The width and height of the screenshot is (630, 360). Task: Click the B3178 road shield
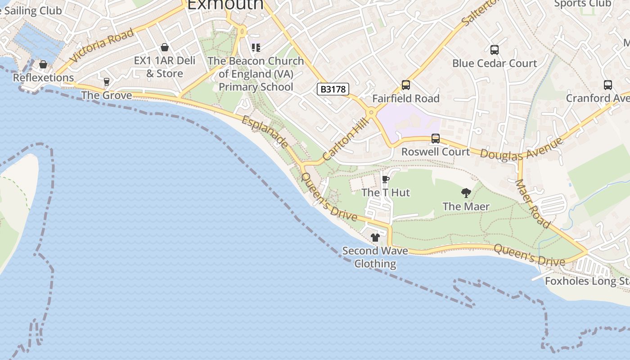[333, 89]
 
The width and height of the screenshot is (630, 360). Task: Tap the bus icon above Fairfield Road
[405, 85]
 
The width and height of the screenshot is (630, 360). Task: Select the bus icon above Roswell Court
[435, 139]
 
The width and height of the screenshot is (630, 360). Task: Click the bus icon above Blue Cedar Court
[494, 50]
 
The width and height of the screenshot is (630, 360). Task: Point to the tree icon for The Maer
[466, 193]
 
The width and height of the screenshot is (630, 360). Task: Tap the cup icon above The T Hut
[385, 180]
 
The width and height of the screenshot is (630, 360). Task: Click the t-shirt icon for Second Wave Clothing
[375, 238]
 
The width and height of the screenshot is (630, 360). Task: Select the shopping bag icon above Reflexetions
[43, 65]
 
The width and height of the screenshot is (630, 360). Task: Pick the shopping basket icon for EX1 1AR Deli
[165, 47]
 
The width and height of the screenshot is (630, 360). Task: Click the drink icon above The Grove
[107, 82]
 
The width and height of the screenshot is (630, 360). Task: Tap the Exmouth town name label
[225, 4]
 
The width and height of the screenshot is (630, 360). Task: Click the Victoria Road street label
[102, 45]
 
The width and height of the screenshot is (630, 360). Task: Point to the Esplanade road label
[265, 132]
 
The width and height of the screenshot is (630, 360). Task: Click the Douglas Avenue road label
[521, 149]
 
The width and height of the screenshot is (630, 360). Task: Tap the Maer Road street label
[532, 203]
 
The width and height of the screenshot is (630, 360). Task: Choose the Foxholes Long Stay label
[587, 281]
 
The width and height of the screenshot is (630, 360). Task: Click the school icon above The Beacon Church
[256, 47]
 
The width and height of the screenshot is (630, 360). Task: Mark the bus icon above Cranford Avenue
[607, 85]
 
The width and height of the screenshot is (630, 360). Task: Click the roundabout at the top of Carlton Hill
[371, 112]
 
